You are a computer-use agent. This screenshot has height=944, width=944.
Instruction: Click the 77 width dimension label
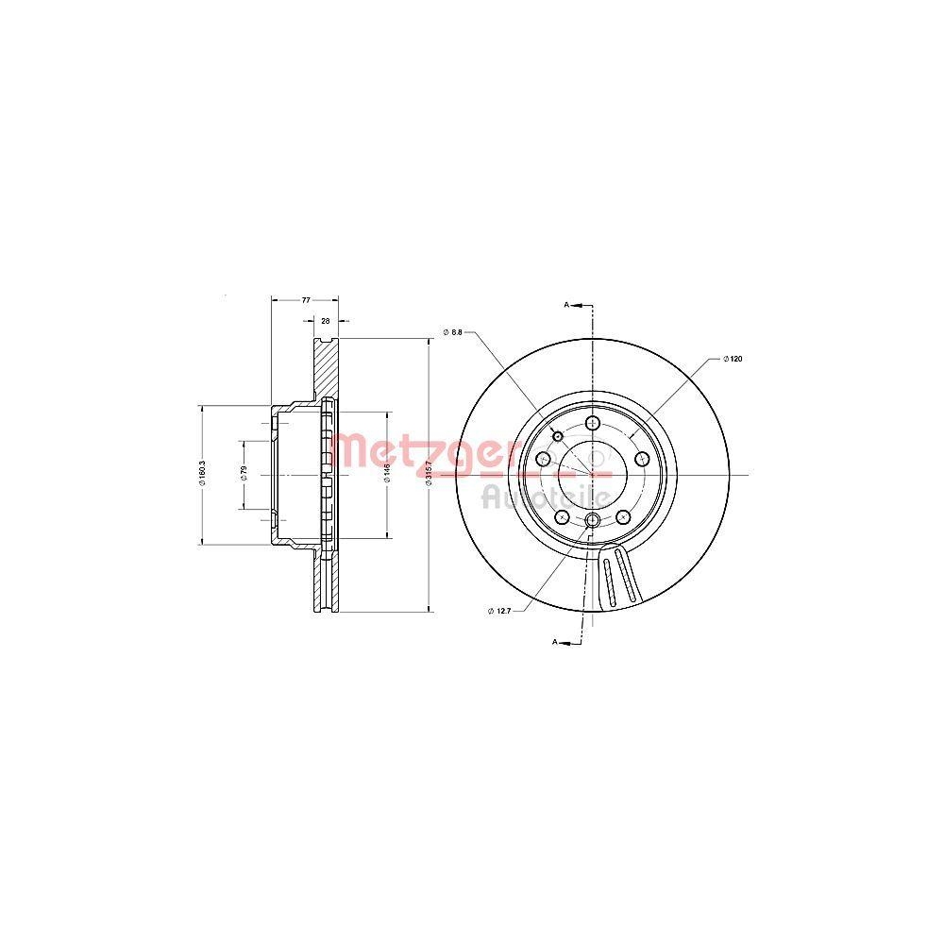[x=306, y=299]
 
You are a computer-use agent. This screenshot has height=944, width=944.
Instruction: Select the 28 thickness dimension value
[x=326, y=321]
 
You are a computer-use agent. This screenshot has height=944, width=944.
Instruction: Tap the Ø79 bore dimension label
[x=244, y=475]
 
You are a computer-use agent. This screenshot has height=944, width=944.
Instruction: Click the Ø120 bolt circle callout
[x=733, y=359]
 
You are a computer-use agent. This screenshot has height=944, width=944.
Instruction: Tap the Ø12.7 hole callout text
[x=499, y=611]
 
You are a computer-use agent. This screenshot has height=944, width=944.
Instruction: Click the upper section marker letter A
[x=566, y=305]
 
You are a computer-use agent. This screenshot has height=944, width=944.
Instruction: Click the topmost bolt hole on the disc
[x=592, y=422]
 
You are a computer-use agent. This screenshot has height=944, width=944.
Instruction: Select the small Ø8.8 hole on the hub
[x=558, y=436]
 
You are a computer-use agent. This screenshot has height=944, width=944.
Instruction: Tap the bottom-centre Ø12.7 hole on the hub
[x=592, y=522]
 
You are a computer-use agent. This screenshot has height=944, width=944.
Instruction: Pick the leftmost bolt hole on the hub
[x=543, y=459]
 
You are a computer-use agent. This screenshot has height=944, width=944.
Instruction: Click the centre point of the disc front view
[x=593, y=475]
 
